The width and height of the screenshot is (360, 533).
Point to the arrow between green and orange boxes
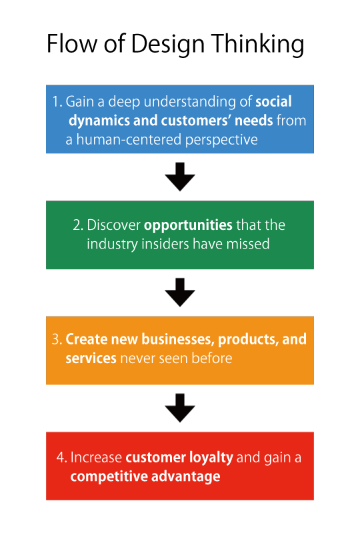coord(179,292)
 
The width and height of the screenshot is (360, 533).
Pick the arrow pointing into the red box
coord(179,408)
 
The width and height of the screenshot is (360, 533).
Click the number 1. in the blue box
coord(57,103)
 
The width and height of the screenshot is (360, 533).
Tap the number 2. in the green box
coord(78,225)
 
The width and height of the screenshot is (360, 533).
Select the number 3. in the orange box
coord(57,339)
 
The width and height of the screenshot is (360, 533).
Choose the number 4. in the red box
coord(61,458)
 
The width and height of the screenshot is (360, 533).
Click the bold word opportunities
coord(188,225)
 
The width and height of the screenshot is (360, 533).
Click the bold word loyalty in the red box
coord(210,458)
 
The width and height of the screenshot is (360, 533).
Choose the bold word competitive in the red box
coord(107,476)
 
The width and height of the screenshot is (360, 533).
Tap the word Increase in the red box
coord(96,458)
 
